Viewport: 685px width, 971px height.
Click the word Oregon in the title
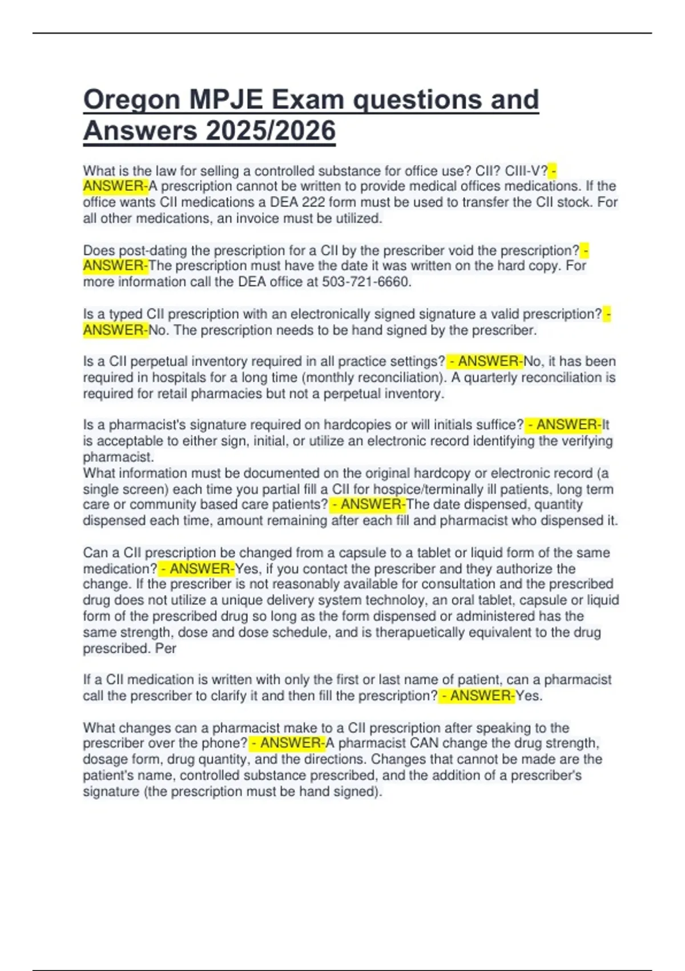point(131,100)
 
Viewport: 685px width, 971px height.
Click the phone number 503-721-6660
point(366,282)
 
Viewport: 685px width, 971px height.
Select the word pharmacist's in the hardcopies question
point(144,425)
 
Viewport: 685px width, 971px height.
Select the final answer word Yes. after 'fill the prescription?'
point(529,696)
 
